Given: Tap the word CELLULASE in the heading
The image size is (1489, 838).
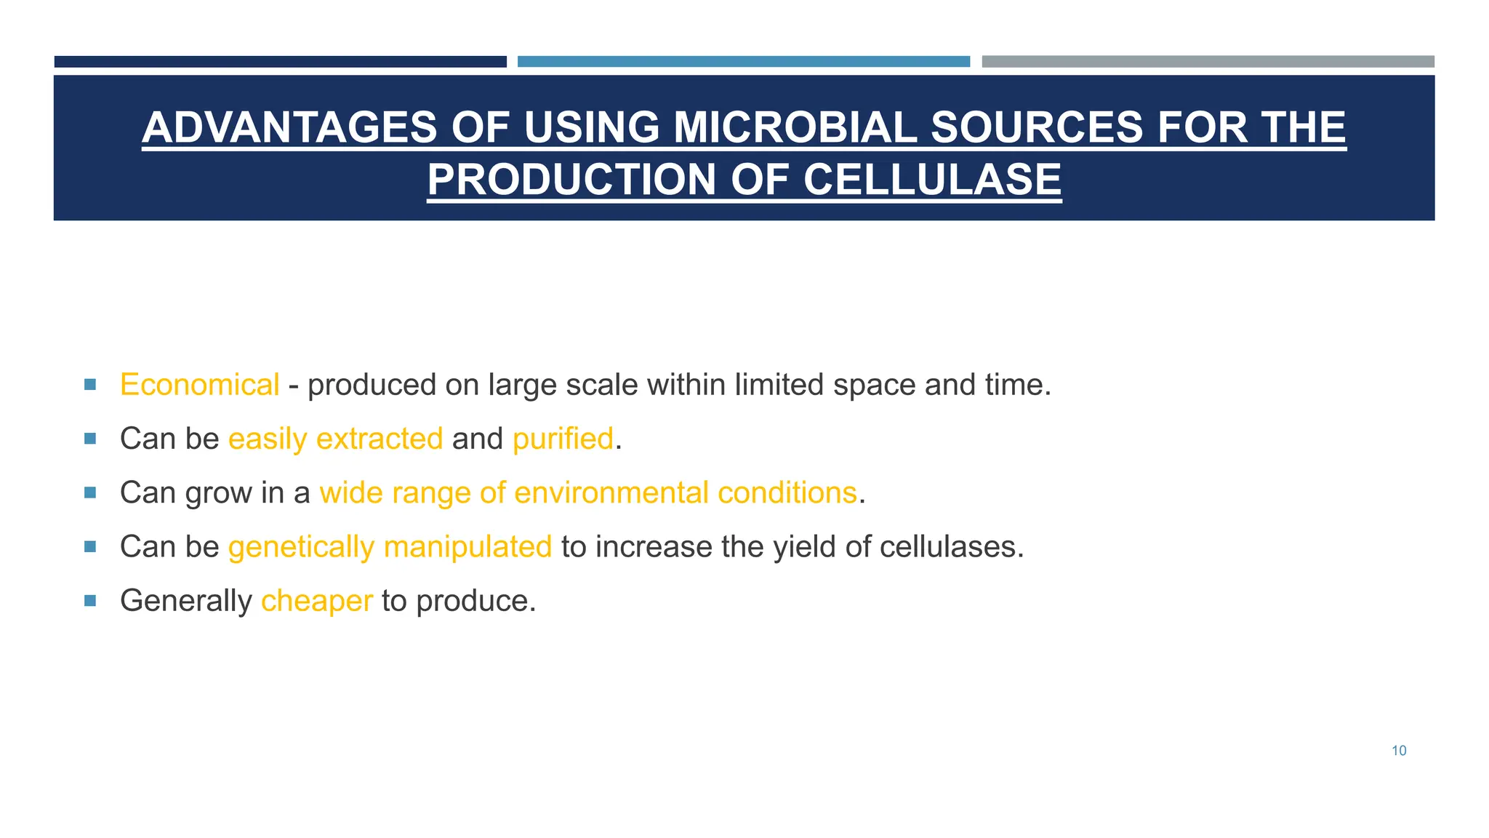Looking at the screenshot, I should pos(932,180).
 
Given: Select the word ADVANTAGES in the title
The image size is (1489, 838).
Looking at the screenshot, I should pos(289,127).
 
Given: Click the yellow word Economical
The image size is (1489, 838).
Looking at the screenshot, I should pos(199,385).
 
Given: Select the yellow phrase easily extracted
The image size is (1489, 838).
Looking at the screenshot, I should pos(335,439).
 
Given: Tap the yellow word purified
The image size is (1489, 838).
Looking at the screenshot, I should pos(563,439).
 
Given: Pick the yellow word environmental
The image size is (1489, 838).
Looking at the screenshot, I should pos(611,492).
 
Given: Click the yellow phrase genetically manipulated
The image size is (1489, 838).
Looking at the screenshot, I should pos(390,546).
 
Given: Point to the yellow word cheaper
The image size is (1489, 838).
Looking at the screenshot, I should pos(316,601).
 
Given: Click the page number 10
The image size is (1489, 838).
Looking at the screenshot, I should pos(1399,751).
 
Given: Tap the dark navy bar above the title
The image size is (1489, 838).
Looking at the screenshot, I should pos(280,62).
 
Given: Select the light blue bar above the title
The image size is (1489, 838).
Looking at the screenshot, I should pos(743,62).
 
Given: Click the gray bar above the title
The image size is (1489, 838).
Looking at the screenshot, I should pos(1208,62).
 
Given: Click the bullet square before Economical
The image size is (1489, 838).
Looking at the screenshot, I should pos(90,384).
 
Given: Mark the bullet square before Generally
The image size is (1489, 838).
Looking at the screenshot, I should pos(90,600).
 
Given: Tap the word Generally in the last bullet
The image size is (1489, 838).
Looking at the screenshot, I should pos(185,601).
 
